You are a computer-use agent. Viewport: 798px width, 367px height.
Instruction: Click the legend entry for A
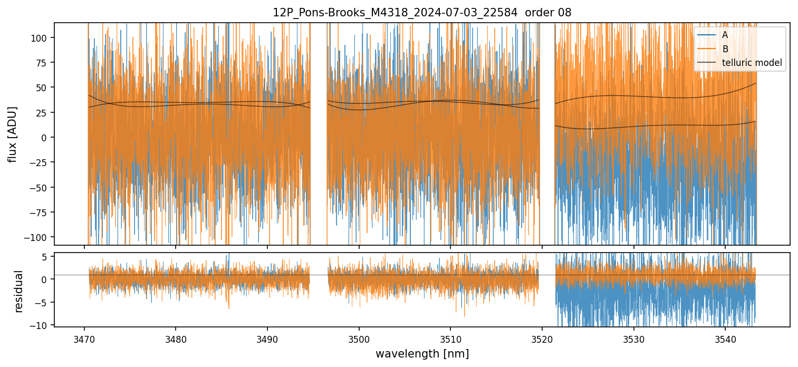tap(725, 35)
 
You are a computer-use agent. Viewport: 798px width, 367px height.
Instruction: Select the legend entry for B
tap(725, 49)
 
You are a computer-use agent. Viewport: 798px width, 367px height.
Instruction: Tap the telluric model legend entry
tap(752, 63)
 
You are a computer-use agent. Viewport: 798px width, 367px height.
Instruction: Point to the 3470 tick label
tap(84, 337)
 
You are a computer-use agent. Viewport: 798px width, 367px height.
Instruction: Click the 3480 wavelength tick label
tap(176, 337)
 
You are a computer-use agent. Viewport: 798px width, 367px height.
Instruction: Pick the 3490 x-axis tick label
tap(267, 337)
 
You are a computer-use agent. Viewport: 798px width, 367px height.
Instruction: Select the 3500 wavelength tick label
tap(359, 337)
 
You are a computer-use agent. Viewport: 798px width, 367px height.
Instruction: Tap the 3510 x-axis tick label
tap(450, 337)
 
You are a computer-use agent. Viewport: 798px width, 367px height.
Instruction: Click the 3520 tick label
tap(542, 337)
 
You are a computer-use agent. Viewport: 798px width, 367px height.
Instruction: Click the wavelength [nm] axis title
tap(422, 353)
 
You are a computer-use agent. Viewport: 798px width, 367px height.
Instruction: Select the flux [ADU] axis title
tap(12, 134)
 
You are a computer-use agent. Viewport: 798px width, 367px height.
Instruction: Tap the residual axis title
tap(19, 291)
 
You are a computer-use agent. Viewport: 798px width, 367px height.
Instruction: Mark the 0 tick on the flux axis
tap(45, 138)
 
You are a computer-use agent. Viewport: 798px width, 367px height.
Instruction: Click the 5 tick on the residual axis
tap(45, 256)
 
